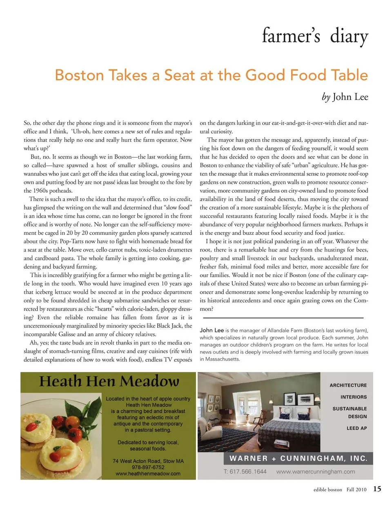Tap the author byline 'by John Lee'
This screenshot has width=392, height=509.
click(345, 97)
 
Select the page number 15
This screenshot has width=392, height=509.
click(377, 489)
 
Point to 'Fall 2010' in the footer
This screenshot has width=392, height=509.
click(356, 489)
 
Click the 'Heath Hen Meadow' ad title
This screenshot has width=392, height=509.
click(109, 381)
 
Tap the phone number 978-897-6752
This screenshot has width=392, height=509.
click(148, 467)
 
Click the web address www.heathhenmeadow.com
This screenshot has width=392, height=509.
click(148, 473)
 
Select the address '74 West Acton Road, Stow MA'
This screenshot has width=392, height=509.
click(148, 461)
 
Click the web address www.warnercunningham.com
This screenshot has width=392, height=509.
click(316, 471)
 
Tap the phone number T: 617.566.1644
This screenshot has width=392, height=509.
click(245, 471)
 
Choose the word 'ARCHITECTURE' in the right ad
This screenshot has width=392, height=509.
click(348, 385)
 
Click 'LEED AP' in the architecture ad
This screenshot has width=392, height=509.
click(356, 428)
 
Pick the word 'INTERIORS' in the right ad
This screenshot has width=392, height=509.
click(354, 397)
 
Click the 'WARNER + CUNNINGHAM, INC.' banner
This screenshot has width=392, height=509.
click(298, 458)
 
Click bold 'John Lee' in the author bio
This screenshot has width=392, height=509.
click(212, 330)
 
